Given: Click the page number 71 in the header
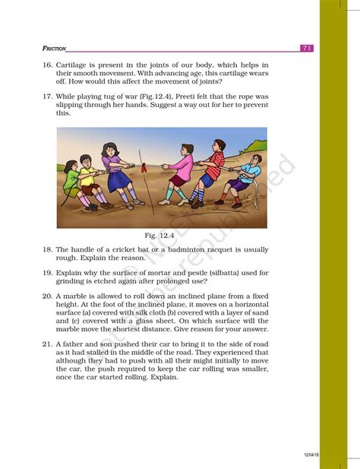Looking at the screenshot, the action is [x=307, y=48].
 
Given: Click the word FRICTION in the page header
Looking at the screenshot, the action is [x=55, y=48].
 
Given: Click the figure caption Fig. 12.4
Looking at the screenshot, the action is [x=161, y=236].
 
